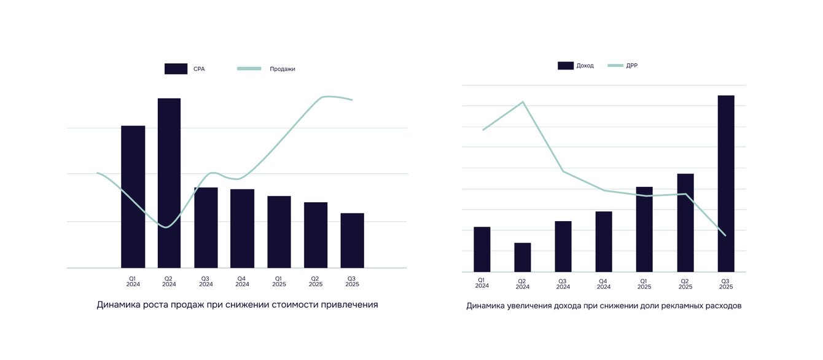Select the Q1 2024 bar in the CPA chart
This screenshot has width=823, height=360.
133,197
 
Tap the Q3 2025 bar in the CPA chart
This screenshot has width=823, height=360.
352,240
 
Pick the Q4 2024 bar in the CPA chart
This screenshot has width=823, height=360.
242,229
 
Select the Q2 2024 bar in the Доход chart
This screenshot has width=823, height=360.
522,257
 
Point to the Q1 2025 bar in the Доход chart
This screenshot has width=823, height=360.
644,229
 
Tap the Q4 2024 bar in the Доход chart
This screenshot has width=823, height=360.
604,241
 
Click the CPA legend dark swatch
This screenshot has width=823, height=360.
176,69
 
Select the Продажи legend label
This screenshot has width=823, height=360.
283,69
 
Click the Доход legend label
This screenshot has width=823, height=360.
585,66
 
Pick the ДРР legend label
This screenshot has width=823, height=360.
632,66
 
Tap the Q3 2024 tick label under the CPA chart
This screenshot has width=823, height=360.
206,281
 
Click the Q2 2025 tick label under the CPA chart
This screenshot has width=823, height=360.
316,281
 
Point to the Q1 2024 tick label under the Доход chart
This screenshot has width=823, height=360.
482,283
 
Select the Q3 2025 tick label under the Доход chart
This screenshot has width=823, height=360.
726,283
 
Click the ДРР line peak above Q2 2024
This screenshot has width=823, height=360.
523,102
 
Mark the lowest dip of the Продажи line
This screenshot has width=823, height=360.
165,227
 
